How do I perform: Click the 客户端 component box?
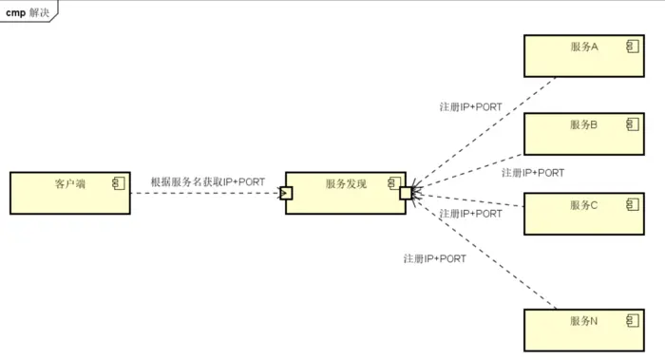[69, 193]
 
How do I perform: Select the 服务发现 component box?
[345, 193]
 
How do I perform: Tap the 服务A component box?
[583, 56]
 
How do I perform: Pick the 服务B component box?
[583, 134]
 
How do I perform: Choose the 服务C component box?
[583, 213]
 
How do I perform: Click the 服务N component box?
[583, 330]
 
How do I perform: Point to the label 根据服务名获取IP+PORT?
[208, 181]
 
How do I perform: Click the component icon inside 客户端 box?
[118, 181]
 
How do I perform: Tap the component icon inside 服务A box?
[631, 46]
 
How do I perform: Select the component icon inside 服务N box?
[631, 319]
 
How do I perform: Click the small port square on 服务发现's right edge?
[406, 193]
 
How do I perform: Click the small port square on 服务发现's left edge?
[285, 193]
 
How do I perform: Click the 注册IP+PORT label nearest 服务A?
[470, 107]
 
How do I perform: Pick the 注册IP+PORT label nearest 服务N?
[434, 258]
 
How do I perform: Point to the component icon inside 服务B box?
[631, 123]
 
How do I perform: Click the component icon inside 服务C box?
[631, 202]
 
